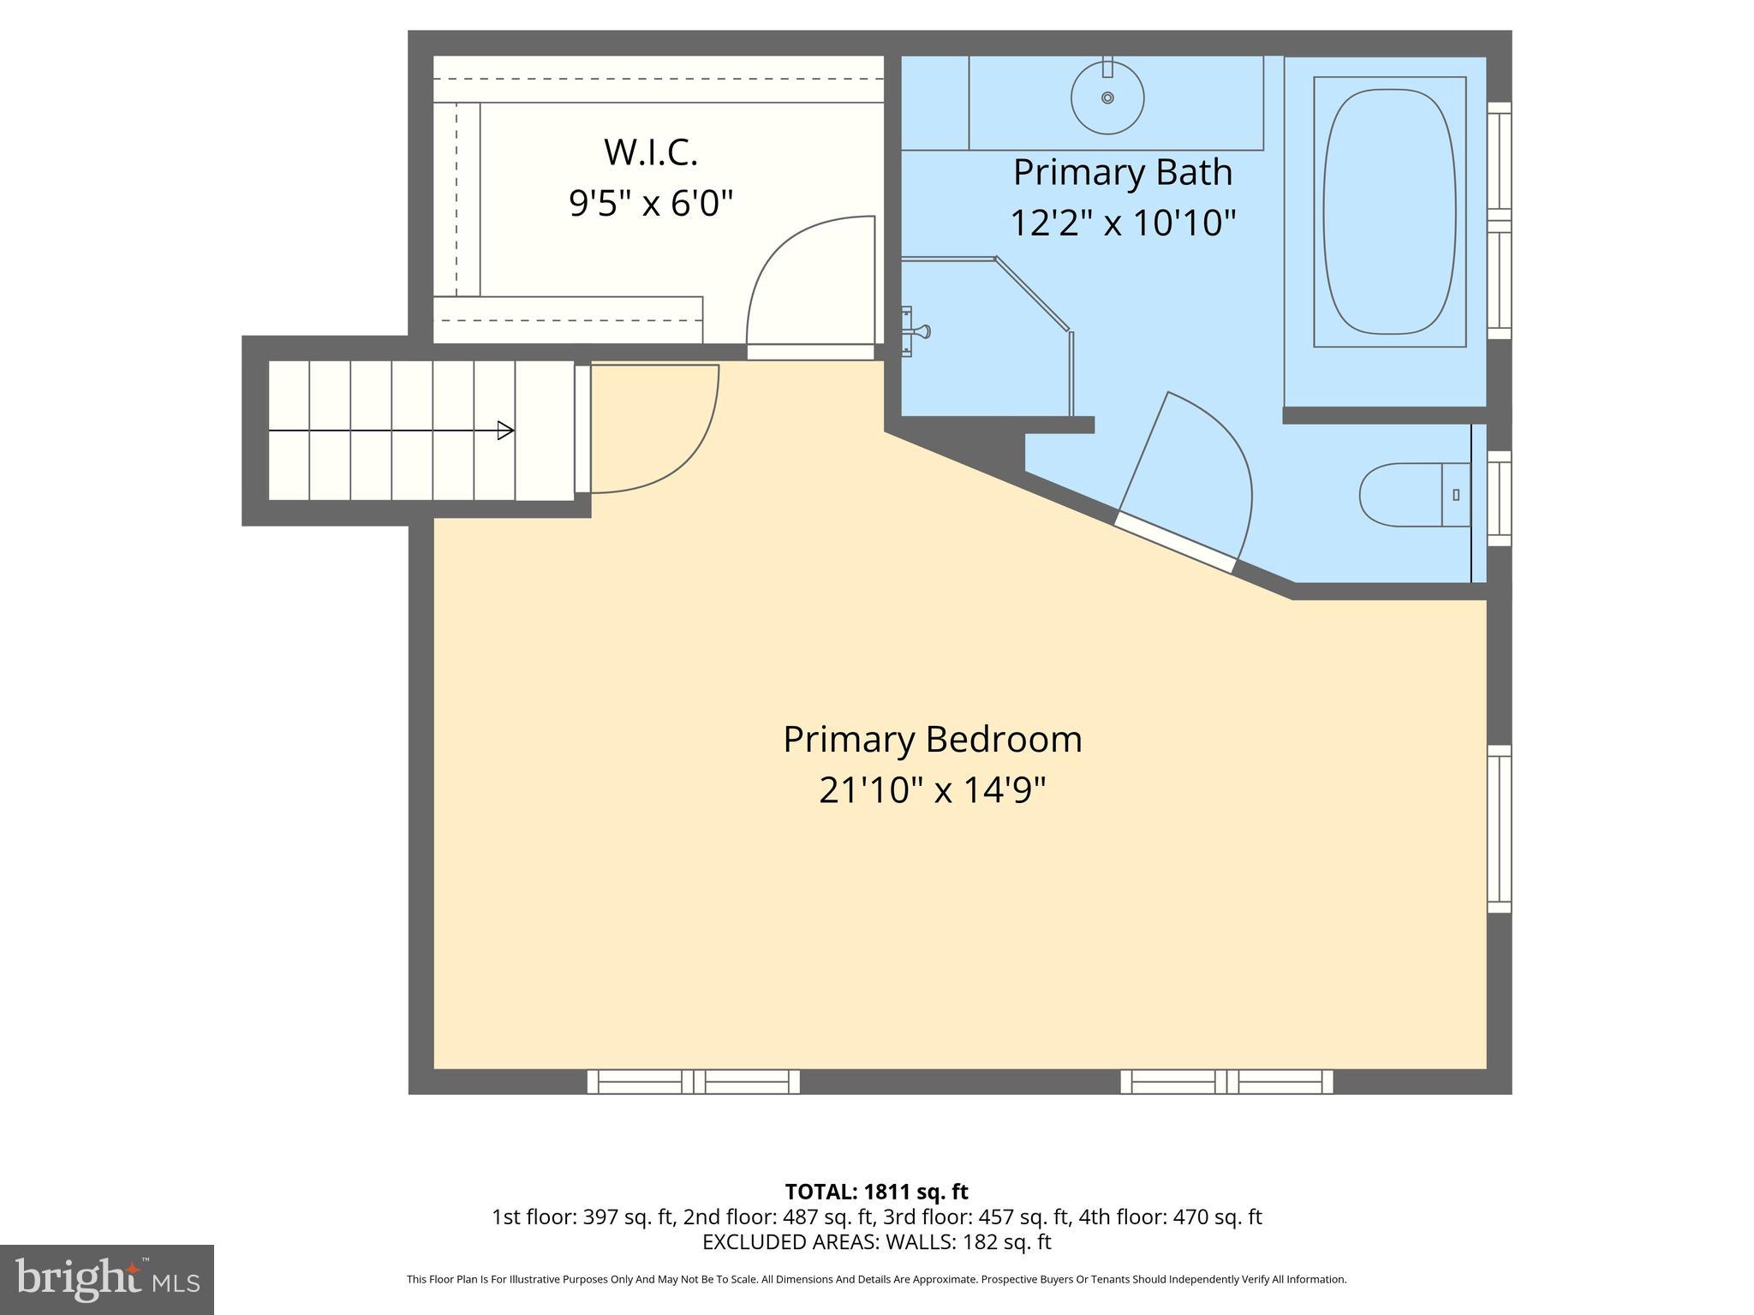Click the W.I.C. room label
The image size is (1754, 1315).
coord(651,152)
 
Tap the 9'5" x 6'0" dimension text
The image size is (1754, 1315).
coord(651,204)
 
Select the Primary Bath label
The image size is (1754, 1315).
coord(1122,172)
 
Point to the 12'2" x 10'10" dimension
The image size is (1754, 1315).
coord(1122,223)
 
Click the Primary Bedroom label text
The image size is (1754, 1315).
coord(932,740)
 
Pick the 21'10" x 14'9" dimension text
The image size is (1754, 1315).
coord(932,790)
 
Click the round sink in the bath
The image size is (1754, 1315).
coord(1107,98)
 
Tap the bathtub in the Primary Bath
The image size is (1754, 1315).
coord(1389,211)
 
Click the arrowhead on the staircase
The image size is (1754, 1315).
coord(505,431)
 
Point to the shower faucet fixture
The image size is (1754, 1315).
coord(916,331)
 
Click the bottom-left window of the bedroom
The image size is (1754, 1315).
coord(693,1082)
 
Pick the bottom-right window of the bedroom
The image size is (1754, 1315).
coord(1226,1082)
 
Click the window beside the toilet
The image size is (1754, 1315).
coord(1499,498)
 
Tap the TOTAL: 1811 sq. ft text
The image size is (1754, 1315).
coord(876,1192)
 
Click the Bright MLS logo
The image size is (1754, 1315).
coord(107,1279)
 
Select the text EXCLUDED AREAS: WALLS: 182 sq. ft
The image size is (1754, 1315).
coord(876,1241)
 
